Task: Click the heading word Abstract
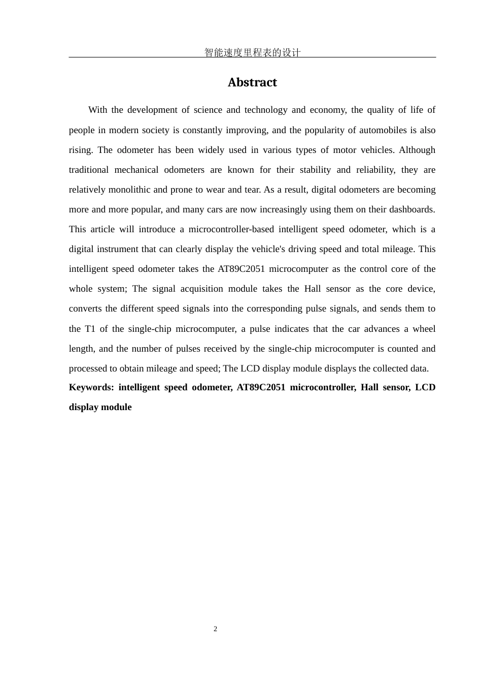[x=252, y=82]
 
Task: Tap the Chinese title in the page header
[x=252, y=52]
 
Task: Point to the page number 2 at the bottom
[x=216, y=629]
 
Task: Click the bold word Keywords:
[x=91, y=387]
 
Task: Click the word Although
[x=417, y=150]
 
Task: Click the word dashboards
[x=409, y=209]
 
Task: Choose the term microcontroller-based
[x=231, y=229]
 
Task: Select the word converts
[x=85, y=308]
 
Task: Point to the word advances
[x=382, y=329]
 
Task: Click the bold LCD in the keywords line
[x=425, y=387]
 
